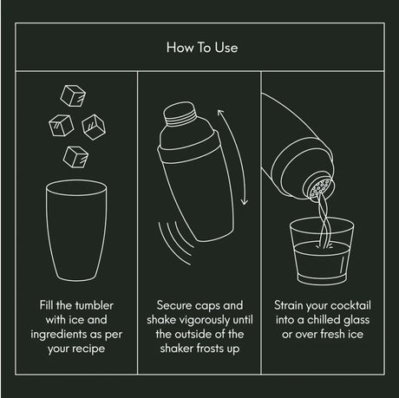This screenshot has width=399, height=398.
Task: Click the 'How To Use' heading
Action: [202, 48]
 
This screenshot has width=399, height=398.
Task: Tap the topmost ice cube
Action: [73, 95]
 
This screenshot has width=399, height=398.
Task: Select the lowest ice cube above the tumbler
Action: [75, 157]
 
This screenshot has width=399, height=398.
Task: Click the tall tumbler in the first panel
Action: [76, 231]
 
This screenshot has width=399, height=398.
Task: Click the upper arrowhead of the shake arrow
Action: [220, 113]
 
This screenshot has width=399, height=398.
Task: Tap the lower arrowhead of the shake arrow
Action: [245, 201]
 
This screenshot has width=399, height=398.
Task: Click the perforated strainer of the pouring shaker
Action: [321, 188]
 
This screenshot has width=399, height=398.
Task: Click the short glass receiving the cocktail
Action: [322, 251]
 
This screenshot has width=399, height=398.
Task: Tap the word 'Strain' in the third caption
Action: [287, 305]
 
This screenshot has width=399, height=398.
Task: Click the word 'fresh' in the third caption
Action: [332, 334]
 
